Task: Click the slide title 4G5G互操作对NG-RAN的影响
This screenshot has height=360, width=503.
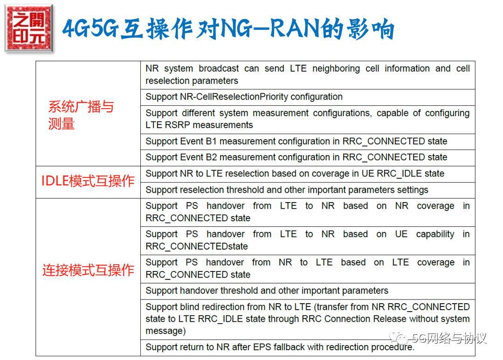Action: pyautogui.click(x=228, y=29)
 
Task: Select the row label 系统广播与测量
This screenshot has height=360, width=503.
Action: pyautogui.click(x=81, y=115)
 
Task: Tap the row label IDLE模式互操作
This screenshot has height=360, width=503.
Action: pyautogui.click(x=88, y=181)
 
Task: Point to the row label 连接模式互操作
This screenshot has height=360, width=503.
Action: pyautogui.click(x=88, y=270)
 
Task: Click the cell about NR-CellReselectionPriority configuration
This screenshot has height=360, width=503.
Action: pyautogui.click(x=244, y=97)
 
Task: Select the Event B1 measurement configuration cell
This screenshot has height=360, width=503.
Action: pyautogui.click(x=296, y=141)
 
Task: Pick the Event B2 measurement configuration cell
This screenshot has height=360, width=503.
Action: pyautogui.click(x=296, y=157)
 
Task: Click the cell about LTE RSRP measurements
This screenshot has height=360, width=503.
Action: pyautogui.click(x=307, y=119)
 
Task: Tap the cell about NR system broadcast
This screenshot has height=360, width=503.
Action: pyautogui.click(x=307, y=75)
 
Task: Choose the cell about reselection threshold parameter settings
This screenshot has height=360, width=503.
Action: pyautogui.click(x=287, y=190)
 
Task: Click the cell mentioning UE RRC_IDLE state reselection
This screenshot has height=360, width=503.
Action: pyautogui.click(x=295, y=174)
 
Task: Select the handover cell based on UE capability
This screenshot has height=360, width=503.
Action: pyautogui.click(x=307, y=240)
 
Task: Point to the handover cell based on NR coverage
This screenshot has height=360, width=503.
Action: pyautogui.click(x=307, y=212)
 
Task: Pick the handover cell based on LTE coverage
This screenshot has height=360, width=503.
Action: pyautogui.click(x=307, y=269)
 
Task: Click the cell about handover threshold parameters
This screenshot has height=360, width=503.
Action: pyautogui.click(x=267, y=291)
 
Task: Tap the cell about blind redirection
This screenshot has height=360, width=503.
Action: pyautogui.click(x=307, y=319)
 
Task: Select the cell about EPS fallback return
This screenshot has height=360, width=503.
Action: pyautogui.click(x=280, y=347)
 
